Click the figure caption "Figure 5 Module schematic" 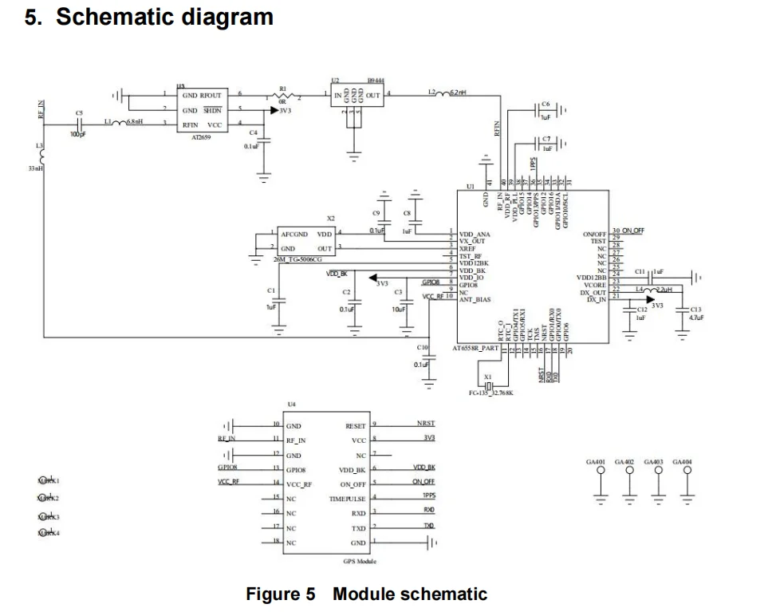click(366, 594)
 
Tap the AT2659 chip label click(195, 136)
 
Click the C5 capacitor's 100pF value click(78, 134)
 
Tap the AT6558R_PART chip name click(475, 349)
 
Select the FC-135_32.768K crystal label click(491, 393)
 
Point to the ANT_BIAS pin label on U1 click(475, 300)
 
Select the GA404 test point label click(683, 463)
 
